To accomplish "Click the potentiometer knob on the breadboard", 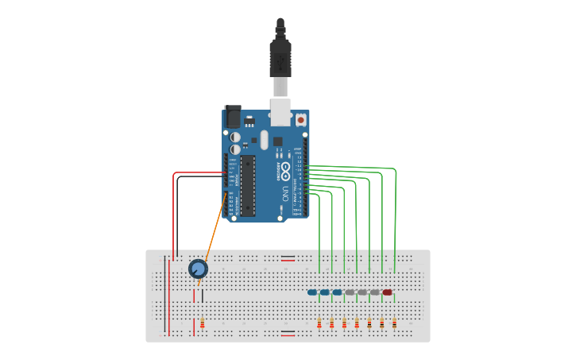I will pos(198,269).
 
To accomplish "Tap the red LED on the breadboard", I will pos(387,292).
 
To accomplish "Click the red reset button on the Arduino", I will pos(301,120).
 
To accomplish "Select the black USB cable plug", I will pos(280,56).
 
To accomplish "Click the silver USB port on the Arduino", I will pos(280,112).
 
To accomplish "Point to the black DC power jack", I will pos(233,116).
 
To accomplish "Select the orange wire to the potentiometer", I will pos(215,230).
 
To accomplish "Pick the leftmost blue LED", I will pos(312,292).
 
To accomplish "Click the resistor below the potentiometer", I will pos(203,323).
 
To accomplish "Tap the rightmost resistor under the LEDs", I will pos(394,323).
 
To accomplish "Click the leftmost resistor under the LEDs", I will pos(319,323).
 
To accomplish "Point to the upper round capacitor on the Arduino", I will pos(235,137).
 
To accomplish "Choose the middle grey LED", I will pos(362,292).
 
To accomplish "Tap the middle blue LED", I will pos(325,292).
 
